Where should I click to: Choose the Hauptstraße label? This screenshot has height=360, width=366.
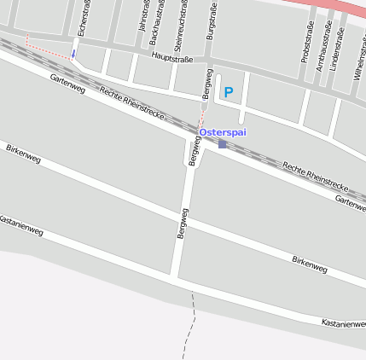pos(172,58)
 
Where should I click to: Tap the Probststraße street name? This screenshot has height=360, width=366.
pos(307,41)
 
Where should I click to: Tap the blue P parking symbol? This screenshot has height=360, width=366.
pos(228,91)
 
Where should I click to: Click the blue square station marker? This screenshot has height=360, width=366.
pos(223,144)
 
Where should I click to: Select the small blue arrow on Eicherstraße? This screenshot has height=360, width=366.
pos(73,54)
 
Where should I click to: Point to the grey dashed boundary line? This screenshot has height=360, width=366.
pos(189,328)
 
